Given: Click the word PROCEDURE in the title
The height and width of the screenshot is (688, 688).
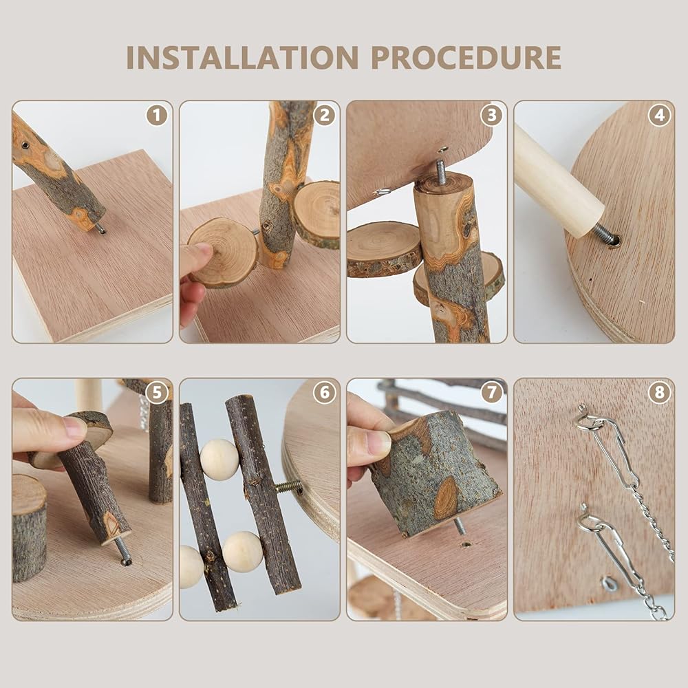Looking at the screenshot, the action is click(466, 58).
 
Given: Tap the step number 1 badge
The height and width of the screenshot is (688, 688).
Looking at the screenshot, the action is click(157, 116).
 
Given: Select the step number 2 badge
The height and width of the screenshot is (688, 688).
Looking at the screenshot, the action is click(324, 116).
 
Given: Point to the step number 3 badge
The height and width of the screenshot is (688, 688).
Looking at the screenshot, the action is click(491, 116).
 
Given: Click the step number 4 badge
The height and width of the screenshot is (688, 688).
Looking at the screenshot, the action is click(659, 116).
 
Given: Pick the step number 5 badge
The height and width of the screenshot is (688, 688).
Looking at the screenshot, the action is click(157, 392).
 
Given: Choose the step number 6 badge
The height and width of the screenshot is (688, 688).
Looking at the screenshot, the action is click(324, 392).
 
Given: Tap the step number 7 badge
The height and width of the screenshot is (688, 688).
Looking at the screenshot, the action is click(491, 392).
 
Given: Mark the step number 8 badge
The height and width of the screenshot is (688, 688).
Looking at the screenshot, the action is click(659, 392).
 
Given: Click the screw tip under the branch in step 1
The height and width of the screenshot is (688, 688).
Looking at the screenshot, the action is click(101, 228).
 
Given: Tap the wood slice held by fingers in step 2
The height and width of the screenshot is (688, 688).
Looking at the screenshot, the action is click(222, 253).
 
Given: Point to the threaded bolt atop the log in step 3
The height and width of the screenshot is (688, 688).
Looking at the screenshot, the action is click(440, 169).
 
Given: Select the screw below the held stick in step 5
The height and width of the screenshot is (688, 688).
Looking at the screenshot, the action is click(122, 551).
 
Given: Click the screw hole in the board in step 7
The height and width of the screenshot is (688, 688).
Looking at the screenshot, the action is click(466, 545).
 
